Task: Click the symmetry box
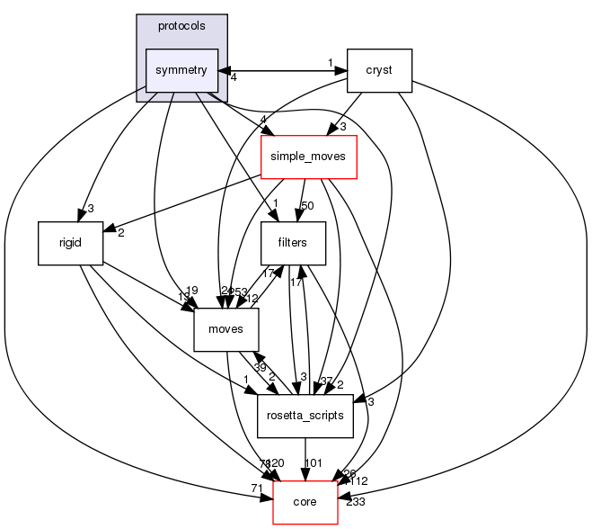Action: coord(181,69)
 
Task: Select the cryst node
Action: coord(379,69)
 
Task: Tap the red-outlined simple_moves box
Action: coord(309,157)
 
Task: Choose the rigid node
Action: coord(71,243)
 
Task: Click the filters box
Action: coord(292,243)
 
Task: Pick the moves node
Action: coord(226,329)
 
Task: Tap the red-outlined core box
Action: coord(305,502)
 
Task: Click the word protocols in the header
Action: coord(181,25)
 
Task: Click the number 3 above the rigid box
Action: coord(91,209)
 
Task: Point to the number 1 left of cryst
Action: coord(330,62)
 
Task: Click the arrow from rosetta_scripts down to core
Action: coord(305,459)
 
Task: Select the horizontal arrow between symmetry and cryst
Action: coord(283,69)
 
